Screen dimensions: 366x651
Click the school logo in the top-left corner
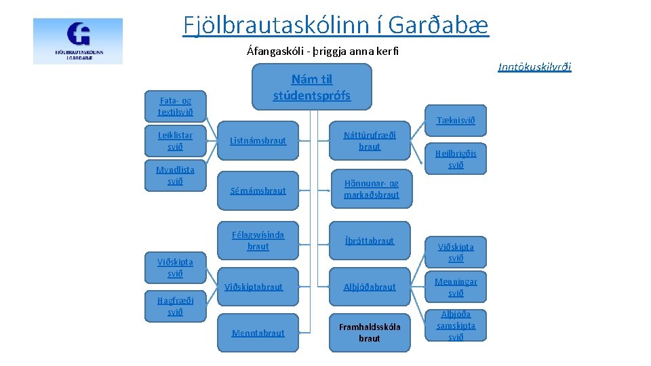78,41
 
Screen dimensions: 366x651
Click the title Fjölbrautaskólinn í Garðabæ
335,25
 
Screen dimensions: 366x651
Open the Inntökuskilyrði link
534,66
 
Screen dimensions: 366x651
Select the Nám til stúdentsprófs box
312,87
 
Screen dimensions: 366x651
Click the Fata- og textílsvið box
175,106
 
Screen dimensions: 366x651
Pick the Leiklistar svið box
175,141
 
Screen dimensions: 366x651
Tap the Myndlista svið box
175,176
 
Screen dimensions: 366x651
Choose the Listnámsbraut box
258,141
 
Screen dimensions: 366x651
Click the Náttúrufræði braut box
370,141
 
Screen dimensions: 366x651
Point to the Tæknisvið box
456,121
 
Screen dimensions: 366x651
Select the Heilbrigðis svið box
456,159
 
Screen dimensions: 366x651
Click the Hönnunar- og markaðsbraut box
371,189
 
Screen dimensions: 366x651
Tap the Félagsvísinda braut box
258,241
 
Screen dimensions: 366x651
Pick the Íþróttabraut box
370,241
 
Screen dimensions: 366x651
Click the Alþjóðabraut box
370,287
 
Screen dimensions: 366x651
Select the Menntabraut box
258,333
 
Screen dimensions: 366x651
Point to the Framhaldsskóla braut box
370,333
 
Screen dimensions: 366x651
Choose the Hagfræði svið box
175,306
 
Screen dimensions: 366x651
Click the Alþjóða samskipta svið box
456,326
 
